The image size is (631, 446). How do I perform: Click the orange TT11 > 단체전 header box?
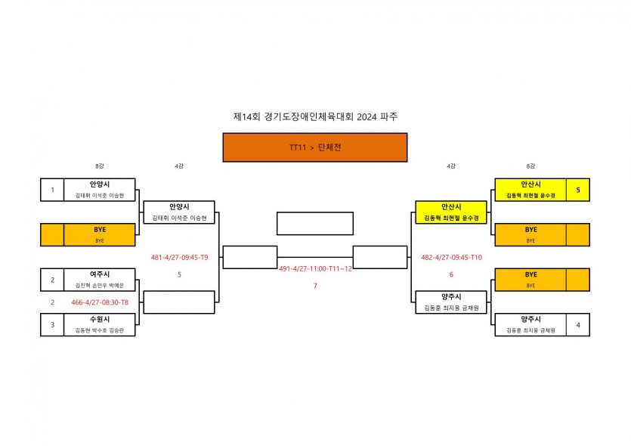point(314,147)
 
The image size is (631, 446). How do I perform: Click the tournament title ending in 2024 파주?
point(315,117)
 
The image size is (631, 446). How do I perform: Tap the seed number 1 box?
point(52,190)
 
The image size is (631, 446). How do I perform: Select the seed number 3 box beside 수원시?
point(52,325)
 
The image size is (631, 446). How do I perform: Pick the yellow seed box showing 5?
point(578,190)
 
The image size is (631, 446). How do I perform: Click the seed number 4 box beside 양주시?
point(578,325)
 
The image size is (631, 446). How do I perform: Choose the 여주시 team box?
point(100,280)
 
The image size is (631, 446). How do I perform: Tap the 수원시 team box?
point(100,325)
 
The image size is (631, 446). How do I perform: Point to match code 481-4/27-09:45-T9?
point(179,257)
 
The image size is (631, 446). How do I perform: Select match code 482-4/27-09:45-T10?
point(450,257)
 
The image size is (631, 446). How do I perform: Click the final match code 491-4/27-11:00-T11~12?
point(315,269)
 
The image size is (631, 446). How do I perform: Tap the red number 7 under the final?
point(315,286)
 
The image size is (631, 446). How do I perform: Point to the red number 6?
point(451,274)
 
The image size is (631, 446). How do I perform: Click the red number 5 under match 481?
point(179,274)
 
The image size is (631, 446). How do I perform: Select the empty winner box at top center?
point(315,224)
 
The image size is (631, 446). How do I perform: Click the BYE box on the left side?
point(100,234)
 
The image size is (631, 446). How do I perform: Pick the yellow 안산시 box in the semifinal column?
point(451,212)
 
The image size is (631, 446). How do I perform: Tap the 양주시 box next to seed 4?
point(530,325)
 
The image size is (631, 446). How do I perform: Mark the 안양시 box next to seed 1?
point(100,190)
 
